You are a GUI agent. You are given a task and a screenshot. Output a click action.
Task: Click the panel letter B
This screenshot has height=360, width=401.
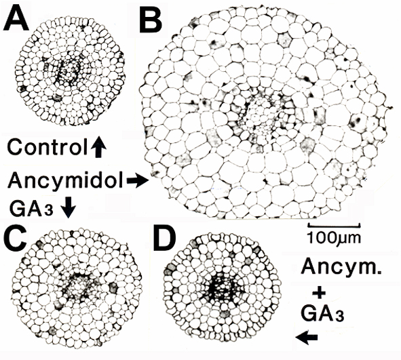tap(151, 19)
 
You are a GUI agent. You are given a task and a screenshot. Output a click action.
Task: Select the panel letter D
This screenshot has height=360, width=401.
tap(165, 240)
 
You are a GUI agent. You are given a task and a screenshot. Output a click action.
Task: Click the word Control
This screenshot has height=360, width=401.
tap(47, 147)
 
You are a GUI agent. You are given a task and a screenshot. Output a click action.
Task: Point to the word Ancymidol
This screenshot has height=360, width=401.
tap(66, 180)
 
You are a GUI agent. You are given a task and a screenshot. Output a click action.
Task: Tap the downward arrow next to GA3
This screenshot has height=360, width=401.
tap(69, 207)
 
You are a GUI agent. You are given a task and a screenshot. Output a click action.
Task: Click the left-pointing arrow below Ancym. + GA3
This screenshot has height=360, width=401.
tap(307, 338)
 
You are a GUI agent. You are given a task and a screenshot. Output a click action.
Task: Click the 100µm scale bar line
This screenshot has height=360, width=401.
tap(335, 225)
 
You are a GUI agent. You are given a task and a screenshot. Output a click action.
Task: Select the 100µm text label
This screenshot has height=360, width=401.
tap(334, 237)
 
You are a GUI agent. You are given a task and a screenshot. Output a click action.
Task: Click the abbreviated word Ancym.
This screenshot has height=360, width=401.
tap(341, 268)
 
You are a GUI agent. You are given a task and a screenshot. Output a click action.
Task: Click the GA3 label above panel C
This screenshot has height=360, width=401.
tap(31, 208)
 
